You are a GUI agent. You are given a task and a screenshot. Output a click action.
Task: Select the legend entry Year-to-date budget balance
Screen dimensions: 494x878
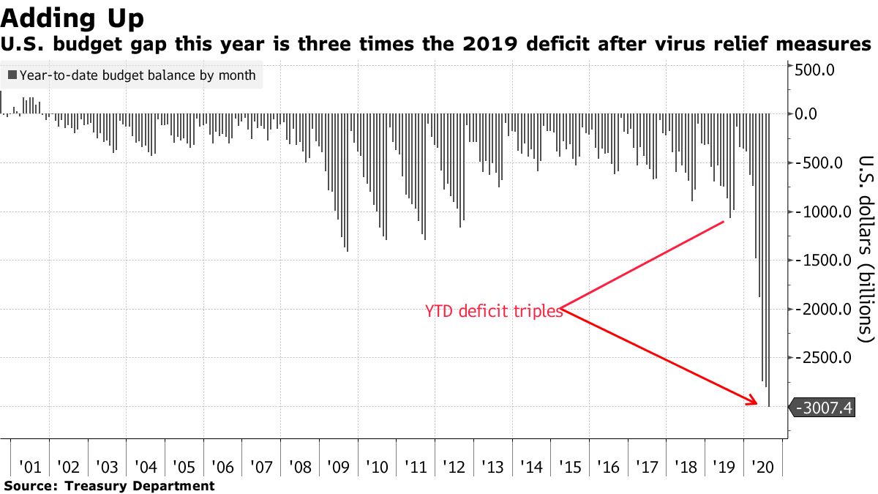[132, 75]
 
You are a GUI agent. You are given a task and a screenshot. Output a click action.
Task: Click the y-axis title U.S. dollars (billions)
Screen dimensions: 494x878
[865, 249]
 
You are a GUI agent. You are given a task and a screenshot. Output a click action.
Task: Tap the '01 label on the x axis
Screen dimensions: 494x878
[30, 466]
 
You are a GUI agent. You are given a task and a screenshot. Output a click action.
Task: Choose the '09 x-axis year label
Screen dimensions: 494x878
[339, 466]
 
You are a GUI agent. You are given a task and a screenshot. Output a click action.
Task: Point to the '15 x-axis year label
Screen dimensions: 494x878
[571, 466]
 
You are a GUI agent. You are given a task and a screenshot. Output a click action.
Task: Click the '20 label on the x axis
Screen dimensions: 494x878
[763, 466]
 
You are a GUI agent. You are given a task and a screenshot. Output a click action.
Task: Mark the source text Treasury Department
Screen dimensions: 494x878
[140, 486]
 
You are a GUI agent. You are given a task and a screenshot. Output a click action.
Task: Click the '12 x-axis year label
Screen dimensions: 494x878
[454, 466]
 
